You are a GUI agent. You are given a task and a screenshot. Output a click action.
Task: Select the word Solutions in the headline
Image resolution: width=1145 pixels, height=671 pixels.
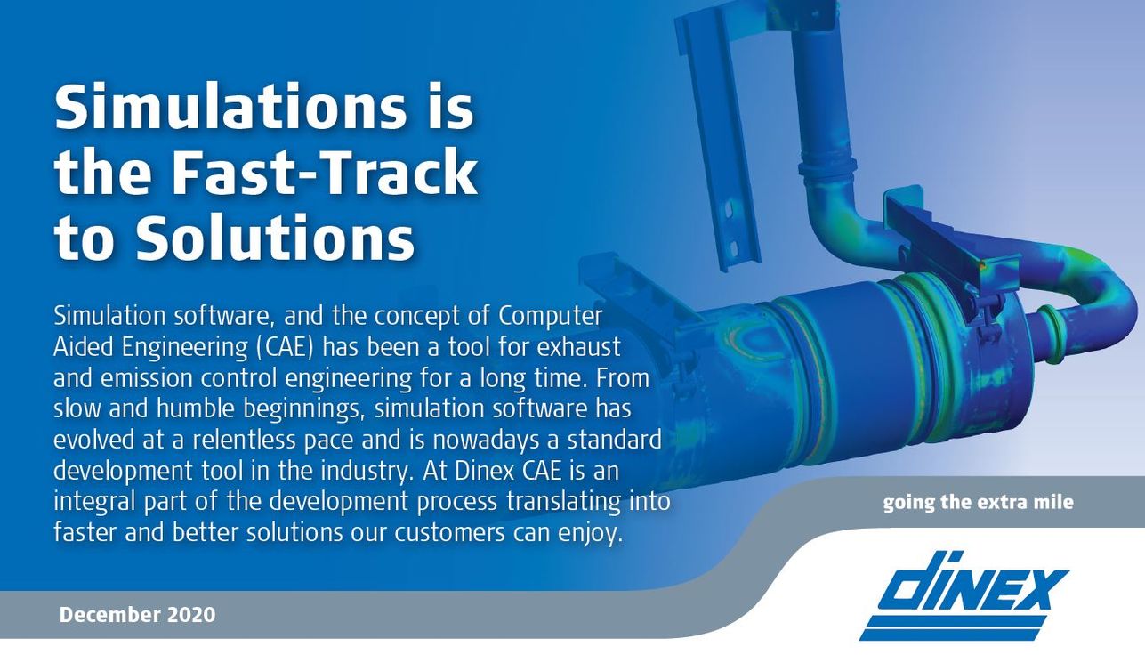(x=275, y=237)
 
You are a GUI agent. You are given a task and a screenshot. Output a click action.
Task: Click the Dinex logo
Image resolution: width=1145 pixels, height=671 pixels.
(x=964, y=596)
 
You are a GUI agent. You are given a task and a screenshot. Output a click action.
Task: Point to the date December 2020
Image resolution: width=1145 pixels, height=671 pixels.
(x=138, y=615)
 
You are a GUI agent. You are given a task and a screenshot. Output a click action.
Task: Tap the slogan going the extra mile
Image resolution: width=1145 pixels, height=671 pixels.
(x=978, y=502)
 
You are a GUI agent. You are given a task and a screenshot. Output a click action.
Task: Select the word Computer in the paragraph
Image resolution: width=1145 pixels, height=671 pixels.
(x=551, y=317)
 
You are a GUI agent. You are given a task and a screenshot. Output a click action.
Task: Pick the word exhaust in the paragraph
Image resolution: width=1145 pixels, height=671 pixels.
(x=578, y=347)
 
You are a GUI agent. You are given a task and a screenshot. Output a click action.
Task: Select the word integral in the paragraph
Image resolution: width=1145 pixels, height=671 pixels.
(x=94, y=502)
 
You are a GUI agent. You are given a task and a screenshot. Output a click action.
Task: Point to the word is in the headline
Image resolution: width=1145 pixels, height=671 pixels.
(x=454, y=109)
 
